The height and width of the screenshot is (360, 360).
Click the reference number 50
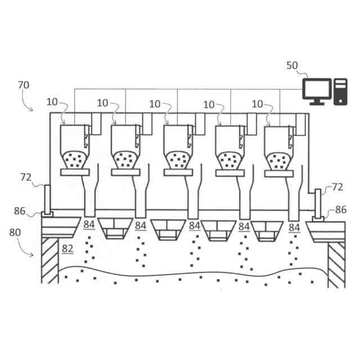pyautogui.click(x=292, y=65)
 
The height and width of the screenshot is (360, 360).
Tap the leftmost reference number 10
pyautogui.click(x=52, y=103)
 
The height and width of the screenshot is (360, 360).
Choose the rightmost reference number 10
pyautogui.click(x=257, y=103)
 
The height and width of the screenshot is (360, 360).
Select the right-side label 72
pyautogui.click(x=337, y=187)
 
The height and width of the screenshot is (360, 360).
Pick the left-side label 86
pyautogui.click(x=20, y=211)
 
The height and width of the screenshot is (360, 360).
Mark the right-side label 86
pyautogui.click(x=341, y=210)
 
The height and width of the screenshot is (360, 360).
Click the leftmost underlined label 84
pyautogui.click(x=89, y=226)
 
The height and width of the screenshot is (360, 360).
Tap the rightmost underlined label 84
pyautogui.click(x=294, y=227)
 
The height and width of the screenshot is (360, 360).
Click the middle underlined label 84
pyautogui.click(x=195, y=226)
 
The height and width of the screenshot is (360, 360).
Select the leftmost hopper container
pyautogui.click(x=73, y=147)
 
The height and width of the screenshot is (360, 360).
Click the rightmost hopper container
pyautogui.click(x=279, y=147)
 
